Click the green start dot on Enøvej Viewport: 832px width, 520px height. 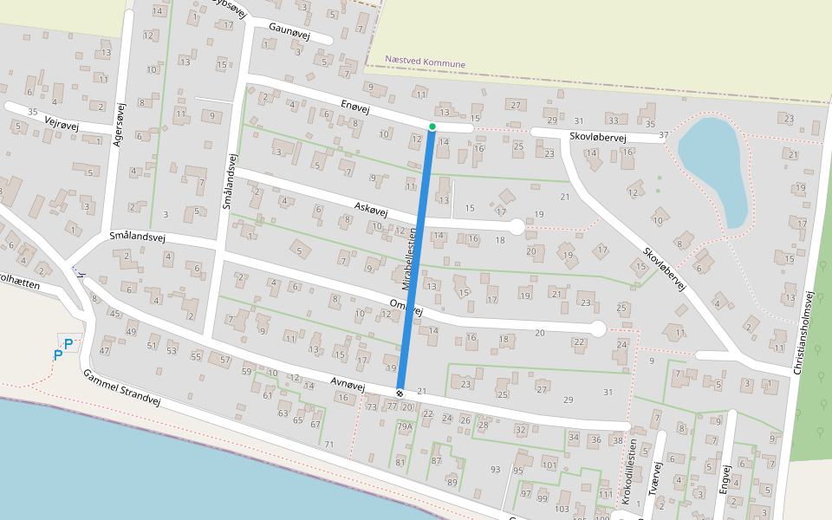pyautogui.click(x=432, y=127)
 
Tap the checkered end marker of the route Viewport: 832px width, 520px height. pyautogui.click(x=400, y=393)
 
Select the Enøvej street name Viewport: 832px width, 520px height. pyautogui.click(x=354, y=108)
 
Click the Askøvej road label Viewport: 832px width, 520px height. pyautogui.click(x=371, y=210)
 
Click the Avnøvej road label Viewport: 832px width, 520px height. pyautogui.click(x=351, y=382)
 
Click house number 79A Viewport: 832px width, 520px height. pyautogui.click(x=405, y=426)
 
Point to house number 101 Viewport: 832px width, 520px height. pyautogui.click(x=549, y=465)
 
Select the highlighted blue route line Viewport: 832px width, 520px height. pyautogui.click(x=417, y=260)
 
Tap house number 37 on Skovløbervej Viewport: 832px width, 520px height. pyautogui.click(x=664, y=134)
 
